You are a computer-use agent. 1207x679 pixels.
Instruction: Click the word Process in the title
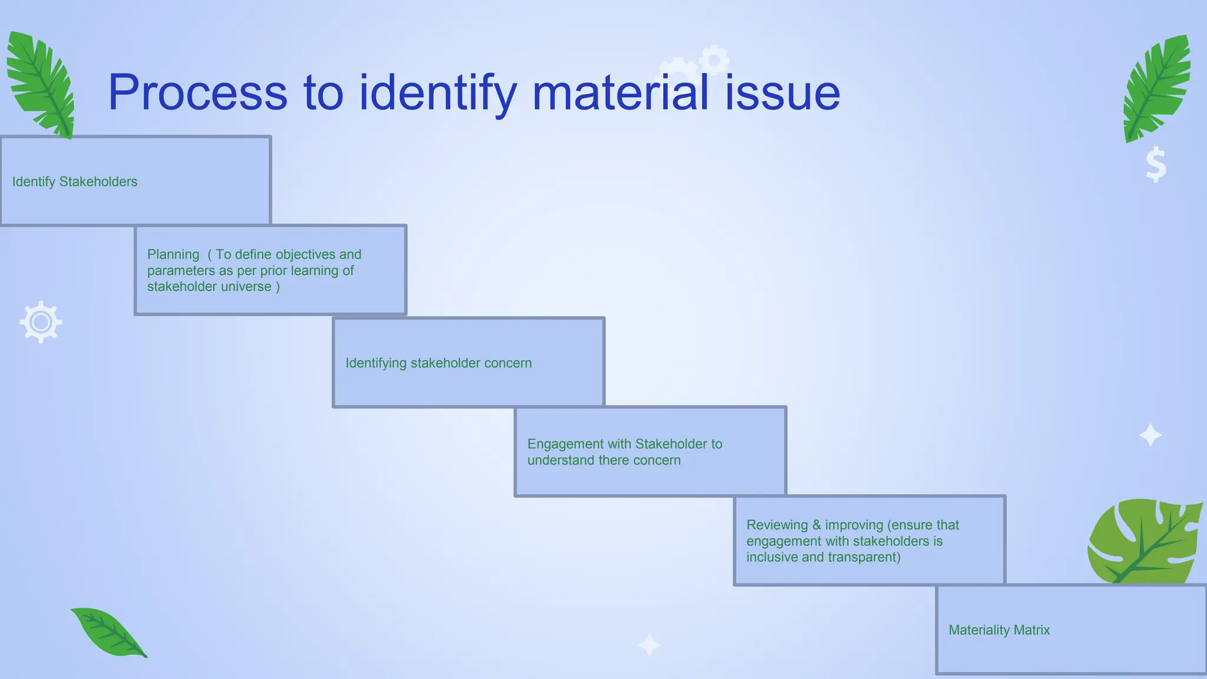(x=197, y=93)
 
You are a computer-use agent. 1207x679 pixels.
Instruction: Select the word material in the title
(x=620, y=93)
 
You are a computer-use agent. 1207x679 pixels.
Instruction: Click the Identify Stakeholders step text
(x=75, y=182)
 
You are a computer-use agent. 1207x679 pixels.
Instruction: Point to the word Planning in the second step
(x=173, y=255)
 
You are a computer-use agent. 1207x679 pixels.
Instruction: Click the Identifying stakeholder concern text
(x=438, y=363)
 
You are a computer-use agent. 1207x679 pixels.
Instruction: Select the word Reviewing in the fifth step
(x=777, y=525)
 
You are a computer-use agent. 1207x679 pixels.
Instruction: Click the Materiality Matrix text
(x=999, y=630)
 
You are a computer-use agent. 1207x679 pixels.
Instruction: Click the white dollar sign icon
(x=1156, y=164)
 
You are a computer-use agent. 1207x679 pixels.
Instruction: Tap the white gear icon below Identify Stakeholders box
(x=41, y=322)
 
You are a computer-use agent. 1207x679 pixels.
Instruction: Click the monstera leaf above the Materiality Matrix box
(x=1143, y=541)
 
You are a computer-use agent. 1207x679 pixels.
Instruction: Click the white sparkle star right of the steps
(x=1150, y=436)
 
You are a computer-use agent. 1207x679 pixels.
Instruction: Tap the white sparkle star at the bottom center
(x=649, y=645)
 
